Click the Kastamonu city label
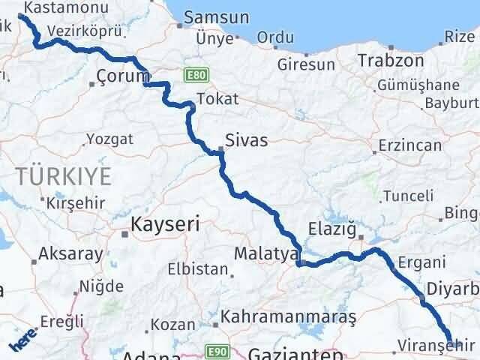coord(58,7)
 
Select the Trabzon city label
coord(388,59)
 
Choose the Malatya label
coord(265,254)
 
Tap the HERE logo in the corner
coord(23,341)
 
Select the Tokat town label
coord(217,98)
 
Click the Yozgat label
coord(110,139)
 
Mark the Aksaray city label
coord(71,253)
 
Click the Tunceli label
coord(408,196)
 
